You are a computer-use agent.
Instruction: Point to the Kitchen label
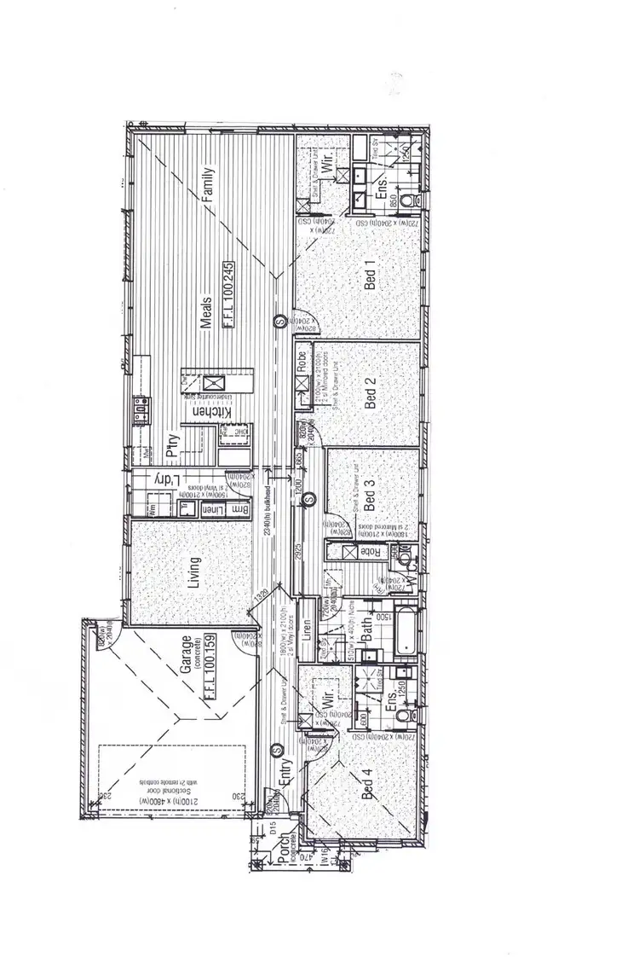(x=204, y=412)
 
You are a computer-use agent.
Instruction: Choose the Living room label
(x=195, y=572)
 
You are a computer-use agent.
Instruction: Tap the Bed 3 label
(x=371, y=496)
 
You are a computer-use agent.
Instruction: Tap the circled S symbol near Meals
(x=279, y=322)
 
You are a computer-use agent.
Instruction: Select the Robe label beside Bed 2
(x=302, y=361)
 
